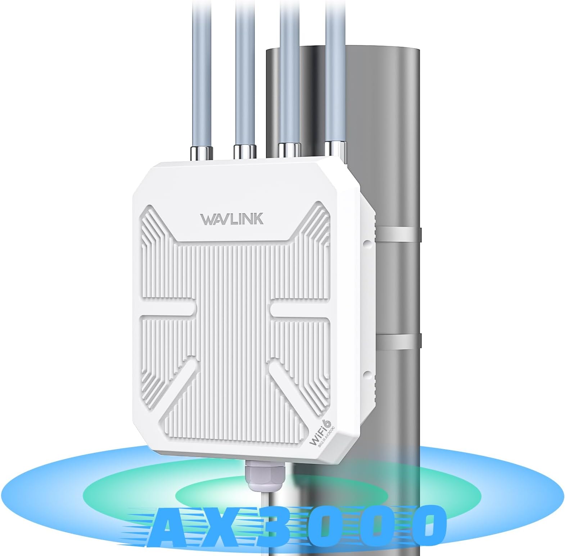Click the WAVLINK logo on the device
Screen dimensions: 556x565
[232, 219]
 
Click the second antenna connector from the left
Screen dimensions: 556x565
[245, 151]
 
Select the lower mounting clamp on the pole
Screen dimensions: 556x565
[398, 340]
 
